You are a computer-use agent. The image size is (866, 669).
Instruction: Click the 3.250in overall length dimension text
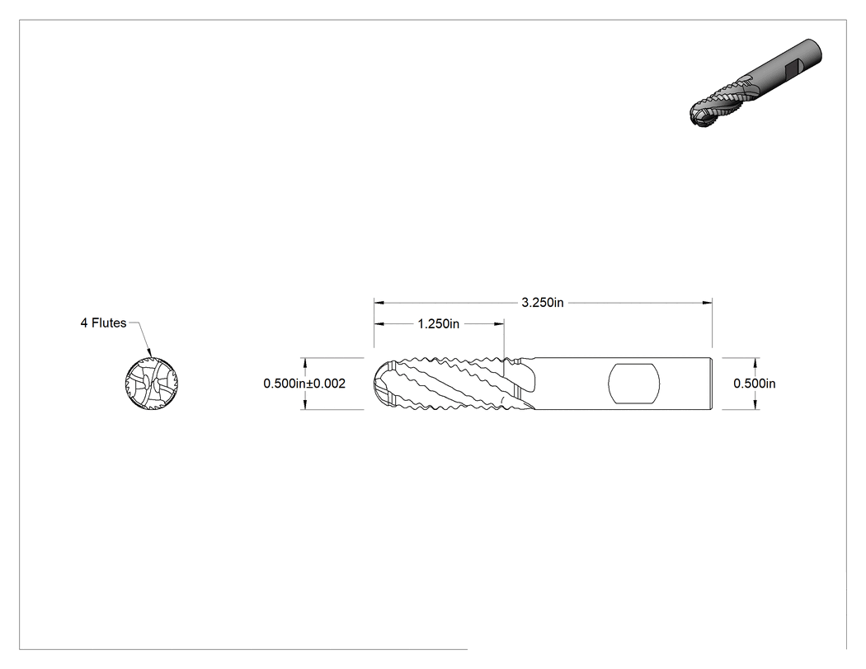[543, 302]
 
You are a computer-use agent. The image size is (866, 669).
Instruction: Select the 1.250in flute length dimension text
[439, 323]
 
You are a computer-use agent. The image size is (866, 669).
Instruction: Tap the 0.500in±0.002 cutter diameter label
[304, 384]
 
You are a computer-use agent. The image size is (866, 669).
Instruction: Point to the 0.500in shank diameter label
[755, 384]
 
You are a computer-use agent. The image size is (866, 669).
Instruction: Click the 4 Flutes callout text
[103, 323]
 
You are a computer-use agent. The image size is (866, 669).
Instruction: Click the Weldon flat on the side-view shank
[634, 384]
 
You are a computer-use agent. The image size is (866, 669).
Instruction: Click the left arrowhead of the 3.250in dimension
[379, 302]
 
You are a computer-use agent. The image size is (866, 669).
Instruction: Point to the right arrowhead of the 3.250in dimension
[708, 302]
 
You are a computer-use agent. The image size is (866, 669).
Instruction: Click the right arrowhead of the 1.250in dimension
[499, 323]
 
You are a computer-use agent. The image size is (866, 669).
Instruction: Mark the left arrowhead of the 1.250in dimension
[379, 323]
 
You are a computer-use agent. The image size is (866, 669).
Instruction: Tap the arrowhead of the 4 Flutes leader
[148, 352]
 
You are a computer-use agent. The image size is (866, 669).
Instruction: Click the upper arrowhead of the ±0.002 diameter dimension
[304, 362]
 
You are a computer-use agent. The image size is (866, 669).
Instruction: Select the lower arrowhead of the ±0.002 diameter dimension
[304, 405]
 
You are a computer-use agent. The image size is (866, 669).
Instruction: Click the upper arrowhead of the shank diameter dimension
[755, 362]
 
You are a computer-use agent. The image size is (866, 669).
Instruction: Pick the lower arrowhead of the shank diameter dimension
[755, 405]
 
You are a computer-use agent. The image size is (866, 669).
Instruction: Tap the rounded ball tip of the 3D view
[699, 116]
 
